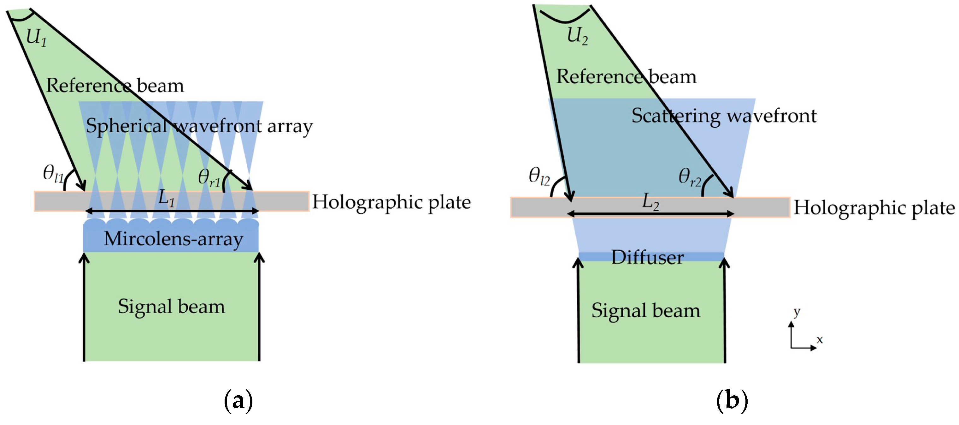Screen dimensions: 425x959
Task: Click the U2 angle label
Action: click(577, 36)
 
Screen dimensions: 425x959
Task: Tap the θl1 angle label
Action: click(53, 174)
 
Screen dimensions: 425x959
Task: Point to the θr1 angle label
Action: click(209, 178)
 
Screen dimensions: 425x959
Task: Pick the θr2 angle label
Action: click(690, 177)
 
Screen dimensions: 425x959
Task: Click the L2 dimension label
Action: click(650, 202)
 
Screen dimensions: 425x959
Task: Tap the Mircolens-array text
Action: click(173, 239)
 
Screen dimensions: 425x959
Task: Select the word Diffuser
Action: click(647, 257)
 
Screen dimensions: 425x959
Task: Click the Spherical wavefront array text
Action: click(199, 126)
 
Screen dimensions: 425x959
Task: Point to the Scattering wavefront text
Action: click(724, 116)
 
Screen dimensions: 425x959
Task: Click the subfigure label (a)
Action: click(238, 401)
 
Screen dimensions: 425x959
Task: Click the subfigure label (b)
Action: click(732, 401)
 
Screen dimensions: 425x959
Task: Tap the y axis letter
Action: click(796, 311)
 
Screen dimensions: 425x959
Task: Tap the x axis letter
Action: click(819, 340)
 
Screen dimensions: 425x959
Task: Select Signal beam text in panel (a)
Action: click(171, 307)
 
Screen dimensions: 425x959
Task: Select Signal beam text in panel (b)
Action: click(645, 311)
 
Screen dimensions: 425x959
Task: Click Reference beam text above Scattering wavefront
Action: click(626, 77)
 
